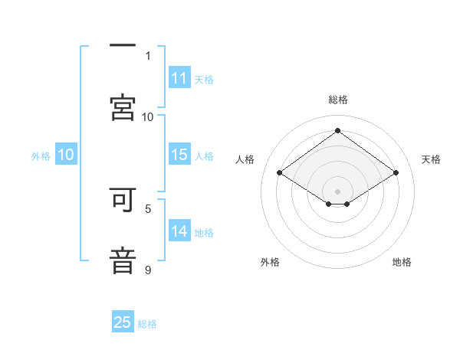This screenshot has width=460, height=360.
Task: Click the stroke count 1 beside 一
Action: [x=148, y=56]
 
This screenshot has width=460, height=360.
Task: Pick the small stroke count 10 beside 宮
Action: [x=148, y=116]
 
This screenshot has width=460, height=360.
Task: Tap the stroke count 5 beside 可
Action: [x=148, y=208]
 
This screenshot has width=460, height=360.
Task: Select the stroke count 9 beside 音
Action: [x=148, y=270]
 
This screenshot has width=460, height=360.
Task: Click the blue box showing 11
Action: [x=179, y=78]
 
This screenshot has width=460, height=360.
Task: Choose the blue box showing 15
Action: [x=179, y=155]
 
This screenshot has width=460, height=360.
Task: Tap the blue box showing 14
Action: [x=179, y=231]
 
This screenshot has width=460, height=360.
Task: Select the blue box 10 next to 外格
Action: [x=66, y=155]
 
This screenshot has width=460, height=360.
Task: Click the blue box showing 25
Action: [x=123, y=322]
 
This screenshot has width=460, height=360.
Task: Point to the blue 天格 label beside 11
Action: [x=203, y=80]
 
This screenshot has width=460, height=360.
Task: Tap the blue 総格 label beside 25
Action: [x=147, y=324]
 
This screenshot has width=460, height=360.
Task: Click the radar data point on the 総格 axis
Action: [x=337, y=130]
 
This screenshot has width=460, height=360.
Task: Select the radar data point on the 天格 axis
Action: [x=396, y=173]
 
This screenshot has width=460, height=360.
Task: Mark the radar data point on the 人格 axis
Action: [x=280, y=173]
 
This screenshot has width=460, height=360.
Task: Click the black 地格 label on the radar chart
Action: [x=402, y=262]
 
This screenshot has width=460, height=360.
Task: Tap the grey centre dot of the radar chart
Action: [x=337, y=191]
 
